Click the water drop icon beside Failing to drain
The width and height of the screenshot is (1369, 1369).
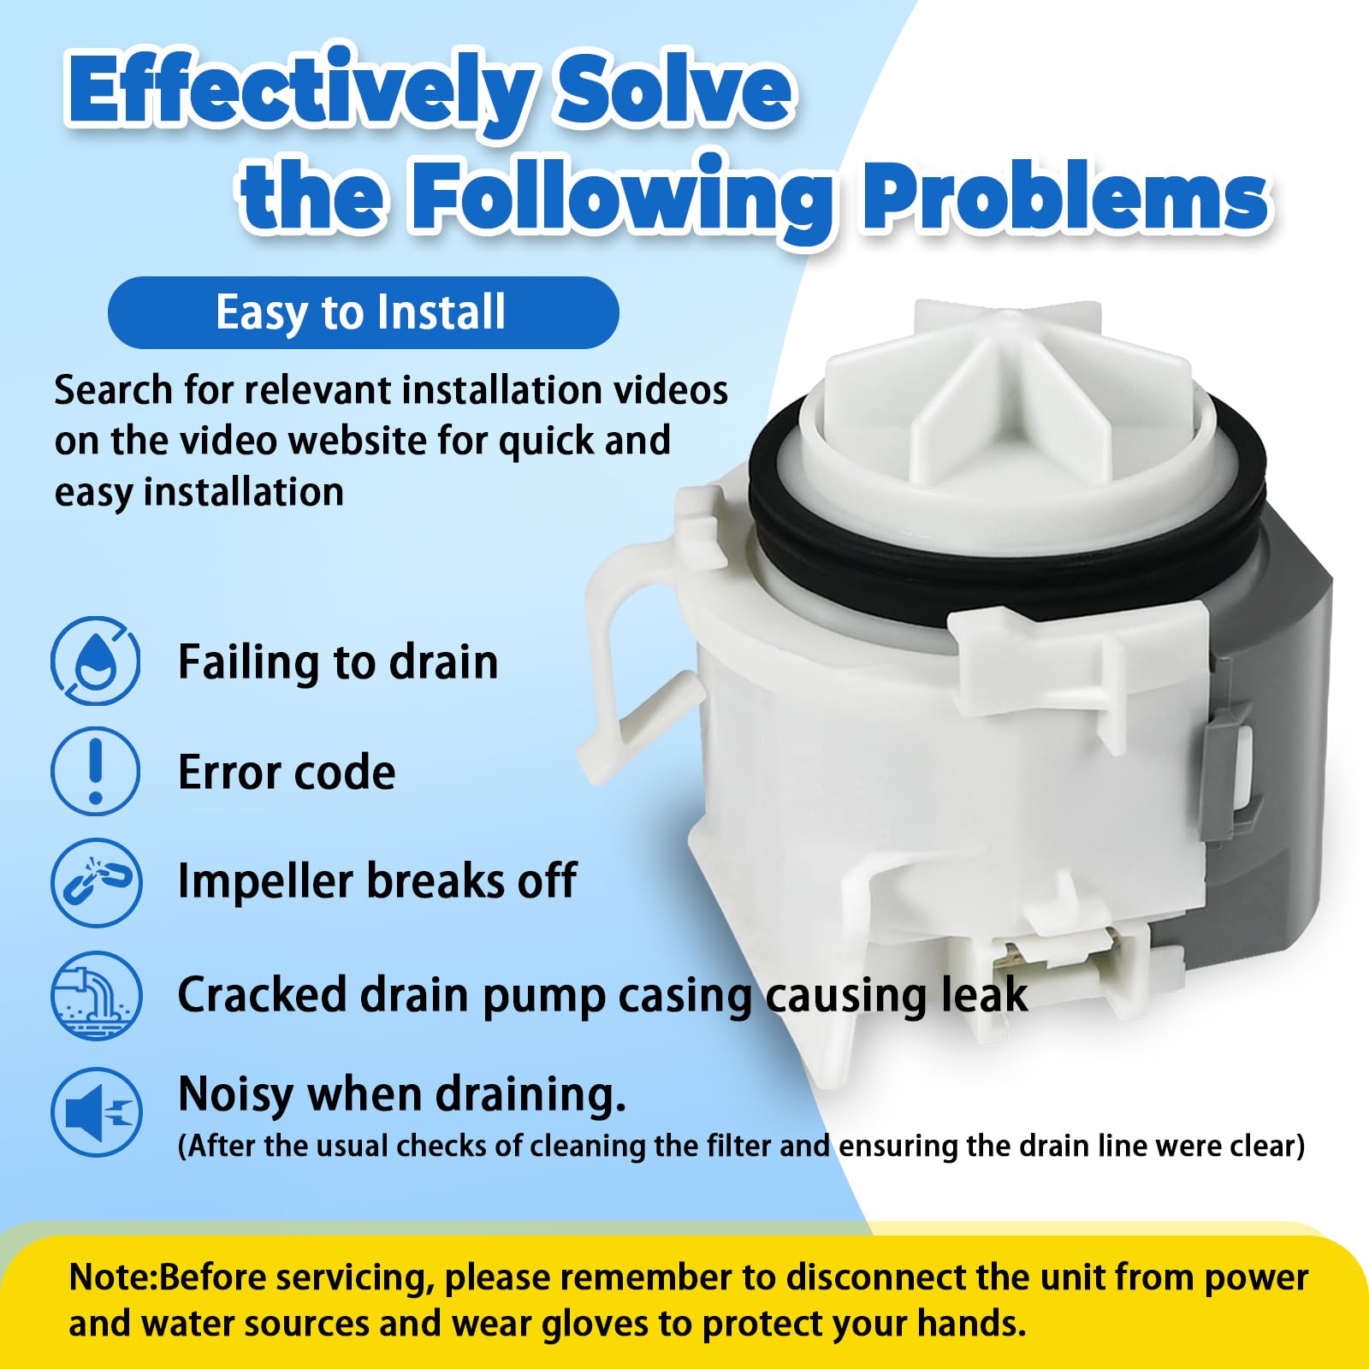tap(95, 661)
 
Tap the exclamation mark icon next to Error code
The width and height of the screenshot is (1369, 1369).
tap(95, 771)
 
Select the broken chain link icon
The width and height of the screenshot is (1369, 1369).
tap(95, 882)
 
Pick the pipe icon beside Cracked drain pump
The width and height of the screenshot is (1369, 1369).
tap(95, 995)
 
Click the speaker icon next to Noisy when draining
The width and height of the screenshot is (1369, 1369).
tap(95, 1111)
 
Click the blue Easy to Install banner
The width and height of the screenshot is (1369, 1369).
tap(363, 312)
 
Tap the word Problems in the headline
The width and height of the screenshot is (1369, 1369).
tap(1064, 198)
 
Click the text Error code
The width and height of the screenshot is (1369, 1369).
tap(287, 772)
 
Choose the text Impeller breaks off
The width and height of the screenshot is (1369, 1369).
tap(376, 880)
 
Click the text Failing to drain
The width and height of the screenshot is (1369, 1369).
tap(338, 661)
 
